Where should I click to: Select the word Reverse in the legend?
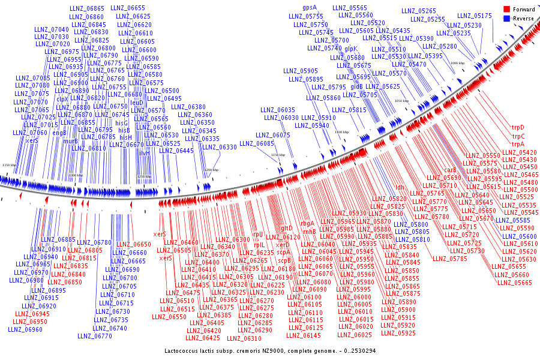[523, 19]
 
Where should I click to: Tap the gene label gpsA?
[310, 7]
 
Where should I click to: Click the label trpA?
[517, 144]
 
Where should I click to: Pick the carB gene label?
[450, 170]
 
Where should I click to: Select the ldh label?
[400, 187]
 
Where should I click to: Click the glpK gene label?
[350, 48]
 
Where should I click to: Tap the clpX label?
[62, 98]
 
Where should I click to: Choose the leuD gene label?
[137, 103]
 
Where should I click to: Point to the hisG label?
[122, 122]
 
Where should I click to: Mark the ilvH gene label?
[145, 153]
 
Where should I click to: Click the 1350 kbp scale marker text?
[10, 164]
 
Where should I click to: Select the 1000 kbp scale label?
[457, 62]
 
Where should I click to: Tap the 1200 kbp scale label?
[211, 170]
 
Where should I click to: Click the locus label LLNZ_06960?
[25, 329]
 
